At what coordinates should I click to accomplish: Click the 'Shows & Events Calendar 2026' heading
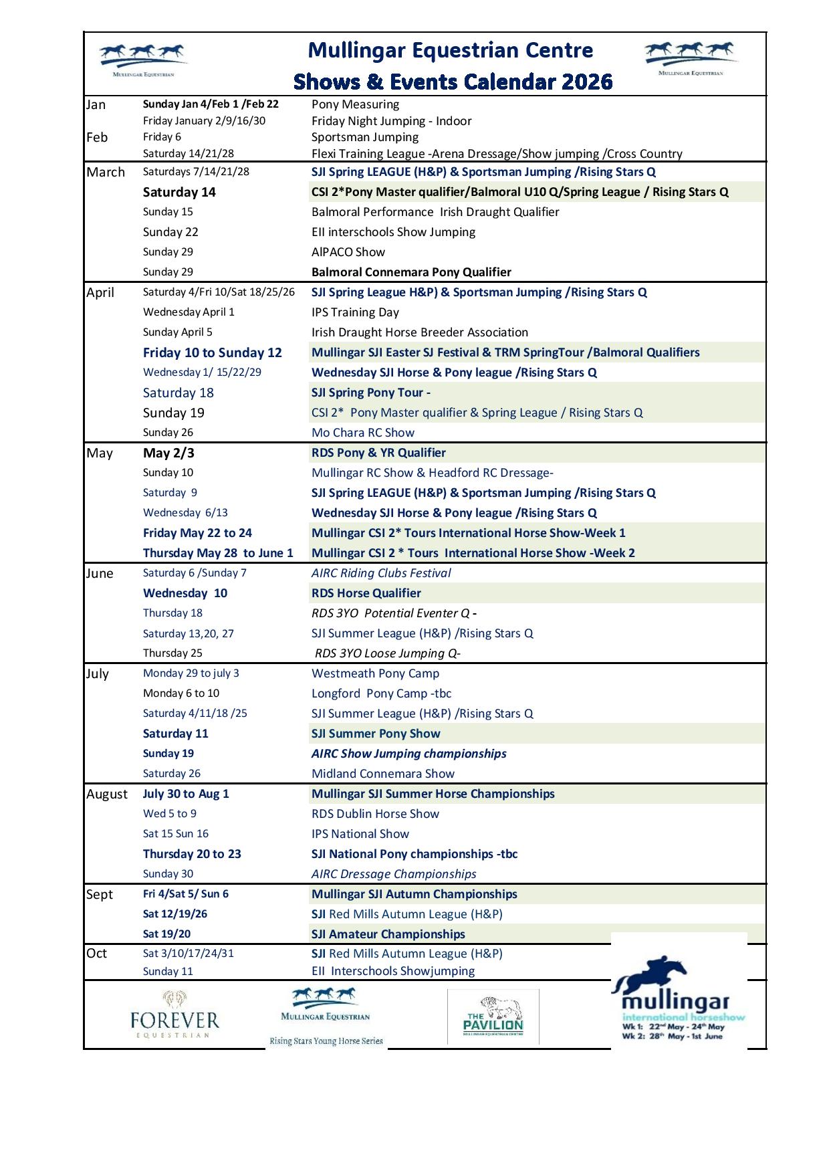453,82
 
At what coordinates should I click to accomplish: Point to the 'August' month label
106,794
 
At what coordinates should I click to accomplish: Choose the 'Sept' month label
100,894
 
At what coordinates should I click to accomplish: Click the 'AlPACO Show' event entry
348,252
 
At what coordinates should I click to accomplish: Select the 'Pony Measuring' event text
355,104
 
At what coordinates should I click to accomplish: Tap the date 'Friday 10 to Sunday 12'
212,352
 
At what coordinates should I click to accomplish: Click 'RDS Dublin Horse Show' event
375,814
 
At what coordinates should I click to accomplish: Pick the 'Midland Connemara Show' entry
382,774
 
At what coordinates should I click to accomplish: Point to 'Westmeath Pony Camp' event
375,673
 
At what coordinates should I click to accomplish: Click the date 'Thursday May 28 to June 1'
218,553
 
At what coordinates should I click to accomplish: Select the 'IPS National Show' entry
360,834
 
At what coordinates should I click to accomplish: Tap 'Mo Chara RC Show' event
362,433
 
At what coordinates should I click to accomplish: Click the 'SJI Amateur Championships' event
388,934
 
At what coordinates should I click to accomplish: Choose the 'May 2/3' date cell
168,453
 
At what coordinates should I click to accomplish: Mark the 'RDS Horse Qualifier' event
366,593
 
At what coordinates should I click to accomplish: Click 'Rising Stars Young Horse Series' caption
326,1041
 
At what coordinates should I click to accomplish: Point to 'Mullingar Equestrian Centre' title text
450,50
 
